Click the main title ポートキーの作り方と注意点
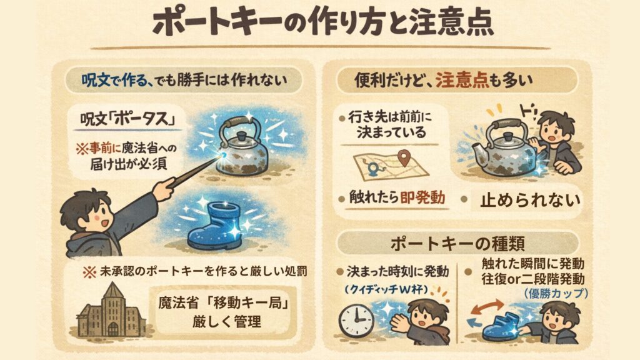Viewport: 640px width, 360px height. coord(322,22)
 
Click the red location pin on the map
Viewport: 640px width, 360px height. coord(404,157)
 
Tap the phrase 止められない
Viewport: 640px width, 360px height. coord(530,200)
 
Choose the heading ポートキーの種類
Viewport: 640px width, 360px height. coord(457,244)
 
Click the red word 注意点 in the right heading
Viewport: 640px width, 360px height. coord(462,80)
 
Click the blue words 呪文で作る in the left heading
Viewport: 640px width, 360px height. coord(114,81)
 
